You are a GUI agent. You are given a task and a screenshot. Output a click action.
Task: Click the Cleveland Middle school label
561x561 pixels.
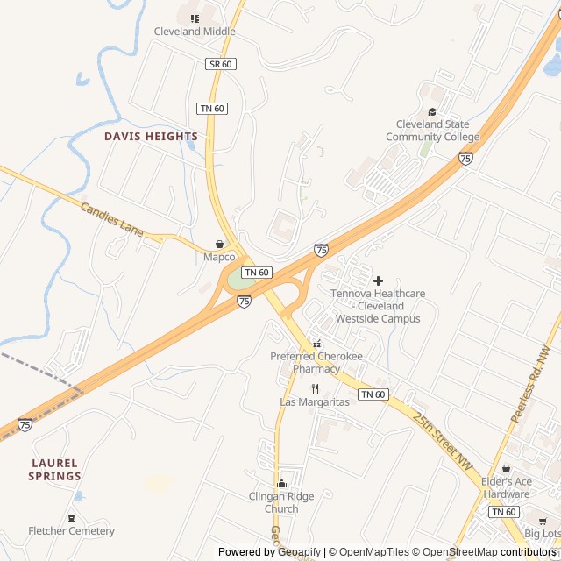coord(195,32)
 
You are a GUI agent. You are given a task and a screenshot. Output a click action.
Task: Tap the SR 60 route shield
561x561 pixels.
coord(220,64)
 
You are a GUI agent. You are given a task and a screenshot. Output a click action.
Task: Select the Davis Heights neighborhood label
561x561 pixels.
coord(151,137)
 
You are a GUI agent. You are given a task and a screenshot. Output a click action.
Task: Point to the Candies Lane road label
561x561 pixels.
coord(111,220)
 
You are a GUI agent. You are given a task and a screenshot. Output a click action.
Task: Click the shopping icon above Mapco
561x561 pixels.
coord(219,244)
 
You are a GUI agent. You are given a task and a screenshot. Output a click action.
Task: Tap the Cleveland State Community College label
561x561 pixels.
coord(432,131)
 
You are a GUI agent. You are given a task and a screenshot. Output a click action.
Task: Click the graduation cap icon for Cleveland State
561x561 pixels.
coord(432,111)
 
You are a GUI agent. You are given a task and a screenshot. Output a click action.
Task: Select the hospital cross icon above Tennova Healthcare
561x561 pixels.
coord(378,280)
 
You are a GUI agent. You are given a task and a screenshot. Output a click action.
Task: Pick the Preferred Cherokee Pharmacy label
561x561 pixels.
coord(316,363)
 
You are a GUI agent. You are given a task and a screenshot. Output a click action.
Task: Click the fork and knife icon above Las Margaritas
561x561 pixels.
coord(315,388)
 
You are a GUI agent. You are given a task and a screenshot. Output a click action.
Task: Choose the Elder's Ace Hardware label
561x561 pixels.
coord(507,488)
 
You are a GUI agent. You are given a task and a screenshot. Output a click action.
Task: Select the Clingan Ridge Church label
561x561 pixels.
coord(281,502)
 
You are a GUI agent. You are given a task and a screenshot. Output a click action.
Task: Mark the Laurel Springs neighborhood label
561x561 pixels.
coord(54,470)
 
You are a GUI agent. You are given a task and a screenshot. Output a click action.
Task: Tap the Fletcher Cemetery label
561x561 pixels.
coord(71,531)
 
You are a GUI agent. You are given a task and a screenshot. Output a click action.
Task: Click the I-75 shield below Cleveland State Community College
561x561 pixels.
coord(465,158)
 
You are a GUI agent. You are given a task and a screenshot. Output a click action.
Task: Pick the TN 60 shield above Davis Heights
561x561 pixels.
coord(212,108)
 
